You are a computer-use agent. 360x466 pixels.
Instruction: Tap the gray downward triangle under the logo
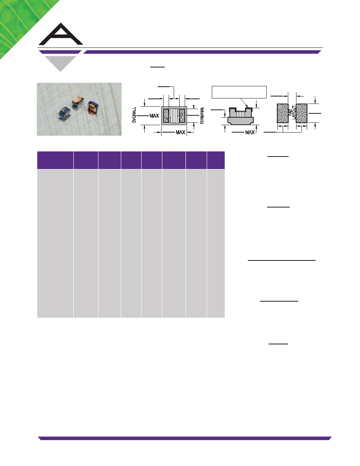click(60, 63)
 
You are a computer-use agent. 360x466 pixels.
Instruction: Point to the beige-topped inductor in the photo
click(77, 102)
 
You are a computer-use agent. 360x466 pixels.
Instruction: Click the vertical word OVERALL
click(134, 115)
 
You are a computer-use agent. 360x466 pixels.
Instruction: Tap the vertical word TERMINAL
click(202, 116)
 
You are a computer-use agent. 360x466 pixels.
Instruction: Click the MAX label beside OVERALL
click(154, 116)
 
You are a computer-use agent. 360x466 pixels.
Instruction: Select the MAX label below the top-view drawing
click(181, 132)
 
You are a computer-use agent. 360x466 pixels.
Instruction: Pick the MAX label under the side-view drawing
click(250, 132)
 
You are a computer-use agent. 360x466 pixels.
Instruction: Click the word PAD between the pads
click(290, 113)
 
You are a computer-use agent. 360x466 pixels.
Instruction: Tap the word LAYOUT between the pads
click(295, 113)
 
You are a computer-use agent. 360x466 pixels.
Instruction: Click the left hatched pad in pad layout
click(282, 113)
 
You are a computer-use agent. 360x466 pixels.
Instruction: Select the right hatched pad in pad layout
click(302, 113)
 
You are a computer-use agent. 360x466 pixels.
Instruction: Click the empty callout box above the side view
click(239, 92)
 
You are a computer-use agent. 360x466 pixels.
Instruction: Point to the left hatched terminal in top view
click(166, 116)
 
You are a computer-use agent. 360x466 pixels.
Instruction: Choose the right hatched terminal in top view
click(182, 116)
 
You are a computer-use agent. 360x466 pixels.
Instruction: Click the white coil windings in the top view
click(175, 116)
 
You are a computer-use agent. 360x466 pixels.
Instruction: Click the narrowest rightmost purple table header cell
click(216, 160)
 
